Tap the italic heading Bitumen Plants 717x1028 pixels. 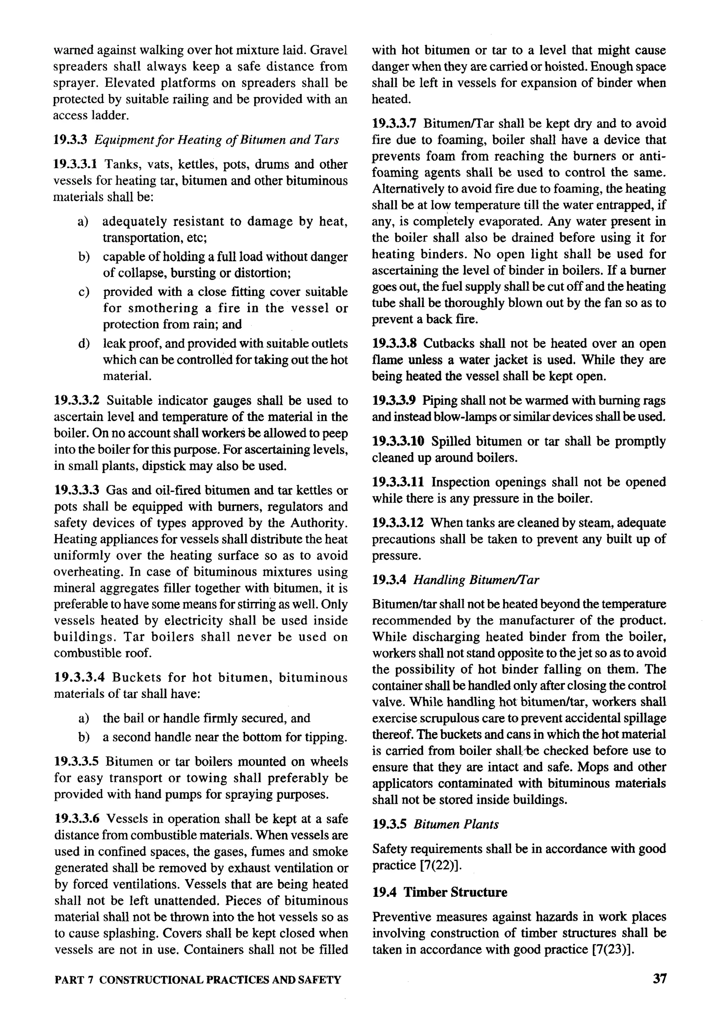456,824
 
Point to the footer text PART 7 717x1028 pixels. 74,980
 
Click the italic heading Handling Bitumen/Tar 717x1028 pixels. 476,580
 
